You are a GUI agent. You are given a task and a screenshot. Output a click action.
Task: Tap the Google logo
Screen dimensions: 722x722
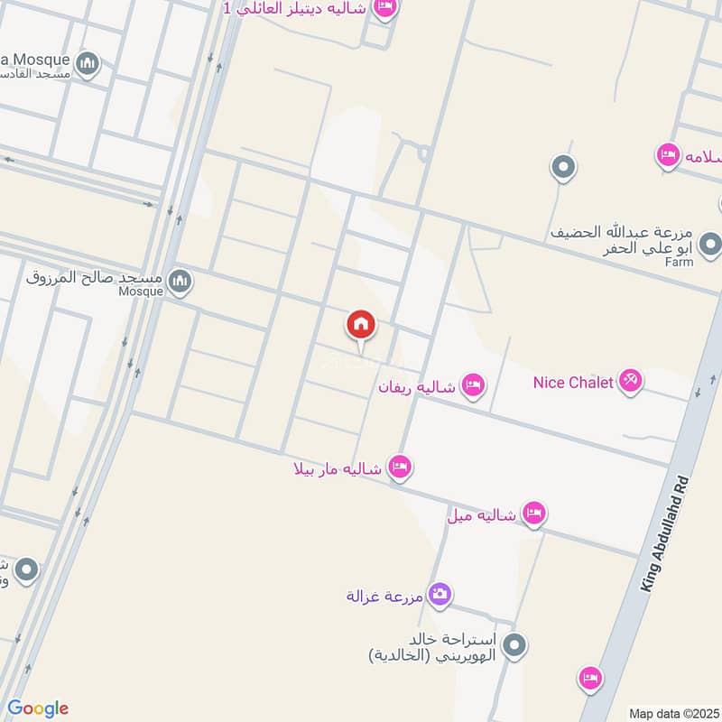[x=37, y=708]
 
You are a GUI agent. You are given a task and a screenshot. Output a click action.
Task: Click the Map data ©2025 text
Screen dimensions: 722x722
[x=673, y=713]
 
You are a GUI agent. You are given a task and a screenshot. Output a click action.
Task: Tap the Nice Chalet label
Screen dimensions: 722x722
[x=573, y=383]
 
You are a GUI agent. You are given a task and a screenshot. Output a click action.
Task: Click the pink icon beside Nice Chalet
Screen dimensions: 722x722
[x=630, y=382]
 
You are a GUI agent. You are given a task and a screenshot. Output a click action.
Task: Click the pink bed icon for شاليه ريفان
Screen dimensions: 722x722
[x=472, y=386]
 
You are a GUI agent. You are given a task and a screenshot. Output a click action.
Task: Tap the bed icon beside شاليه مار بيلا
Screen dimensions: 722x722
[x=400, y=467]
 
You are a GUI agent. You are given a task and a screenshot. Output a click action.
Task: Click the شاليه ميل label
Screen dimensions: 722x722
[x=481, y=515]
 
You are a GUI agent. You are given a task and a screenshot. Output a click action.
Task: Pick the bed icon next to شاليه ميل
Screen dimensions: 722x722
[x=534, y=514]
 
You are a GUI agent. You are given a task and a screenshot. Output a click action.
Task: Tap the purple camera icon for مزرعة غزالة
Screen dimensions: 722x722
[x=440, y=594]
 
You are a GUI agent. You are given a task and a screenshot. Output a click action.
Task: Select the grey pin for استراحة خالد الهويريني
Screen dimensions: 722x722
[x=515, y=645]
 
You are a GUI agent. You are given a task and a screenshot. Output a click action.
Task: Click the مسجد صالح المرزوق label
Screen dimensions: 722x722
[x=96, y=276]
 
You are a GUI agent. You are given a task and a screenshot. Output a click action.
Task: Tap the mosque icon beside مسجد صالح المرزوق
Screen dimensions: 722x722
[x=181, y=282]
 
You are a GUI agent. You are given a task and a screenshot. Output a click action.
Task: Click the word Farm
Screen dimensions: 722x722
[x=680, y=262]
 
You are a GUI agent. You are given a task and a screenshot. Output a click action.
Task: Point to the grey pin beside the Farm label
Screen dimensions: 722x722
[x=710, y=245]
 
